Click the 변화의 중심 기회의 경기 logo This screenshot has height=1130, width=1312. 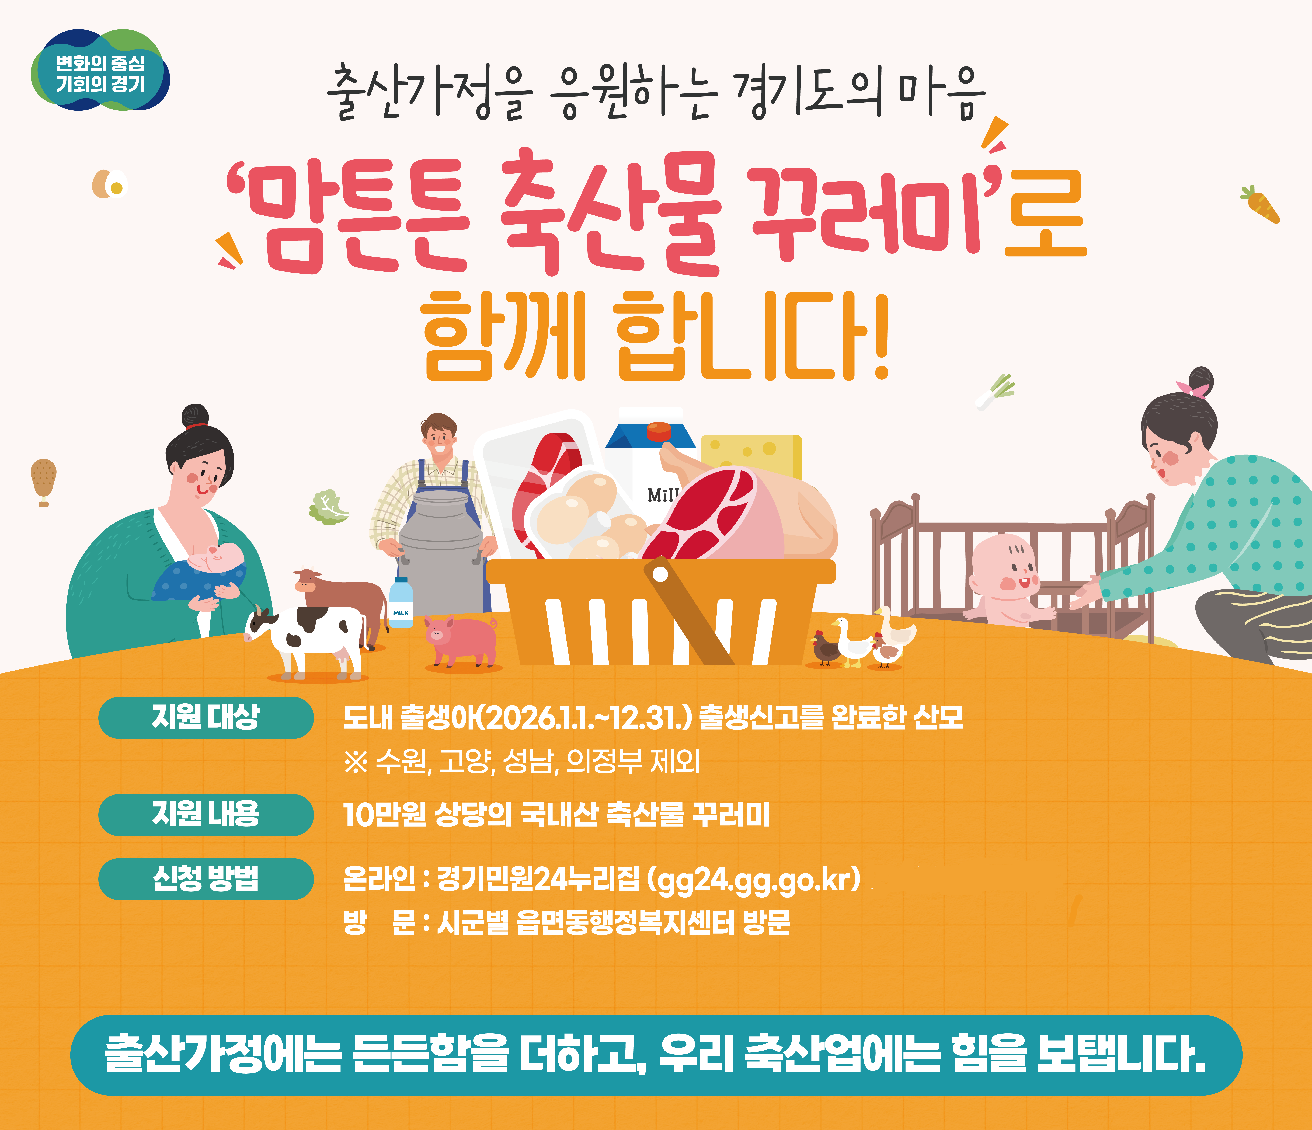[x=100, y=71]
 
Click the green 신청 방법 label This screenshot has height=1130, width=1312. [x=206, y=879]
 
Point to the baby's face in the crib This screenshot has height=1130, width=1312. [x=1007, y=567]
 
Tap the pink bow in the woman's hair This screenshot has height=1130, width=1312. [x=1192, y=389]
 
